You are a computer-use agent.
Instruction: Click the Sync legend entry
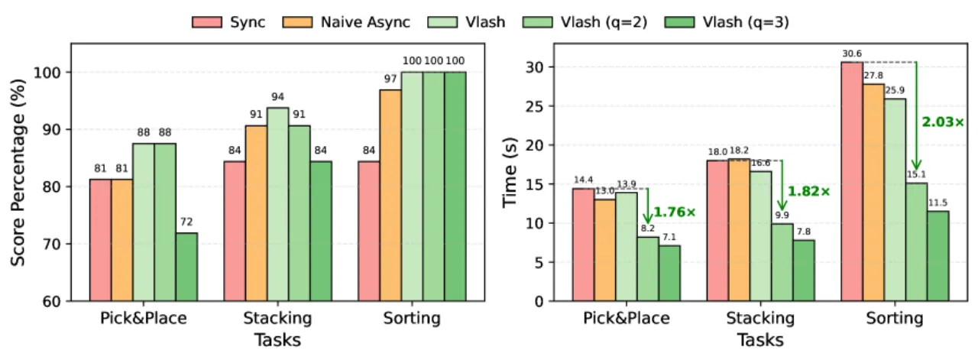228,22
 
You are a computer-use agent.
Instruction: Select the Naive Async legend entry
346,22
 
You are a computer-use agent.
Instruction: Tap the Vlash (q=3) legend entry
727,22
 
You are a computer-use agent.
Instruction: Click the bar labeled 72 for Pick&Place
187,267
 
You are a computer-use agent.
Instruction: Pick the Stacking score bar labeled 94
277,205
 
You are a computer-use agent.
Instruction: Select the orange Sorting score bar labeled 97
390,196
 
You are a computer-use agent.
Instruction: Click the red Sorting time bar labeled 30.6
852,182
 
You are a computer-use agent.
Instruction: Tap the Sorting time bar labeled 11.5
938,256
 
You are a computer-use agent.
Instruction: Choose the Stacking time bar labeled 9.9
782,263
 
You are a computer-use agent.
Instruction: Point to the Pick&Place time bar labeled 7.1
669,274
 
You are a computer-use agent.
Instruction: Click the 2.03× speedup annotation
943,122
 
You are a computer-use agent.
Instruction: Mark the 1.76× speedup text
675,212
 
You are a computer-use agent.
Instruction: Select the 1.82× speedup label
808,191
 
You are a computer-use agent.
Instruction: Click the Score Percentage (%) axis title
18,173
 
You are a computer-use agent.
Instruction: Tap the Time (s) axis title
510,173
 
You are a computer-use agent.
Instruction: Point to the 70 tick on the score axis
53,244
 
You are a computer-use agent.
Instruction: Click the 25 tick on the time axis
533,106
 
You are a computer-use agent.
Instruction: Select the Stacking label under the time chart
760,318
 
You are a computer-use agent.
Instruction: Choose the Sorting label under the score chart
412,318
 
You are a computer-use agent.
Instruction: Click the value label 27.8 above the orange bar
873,76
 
